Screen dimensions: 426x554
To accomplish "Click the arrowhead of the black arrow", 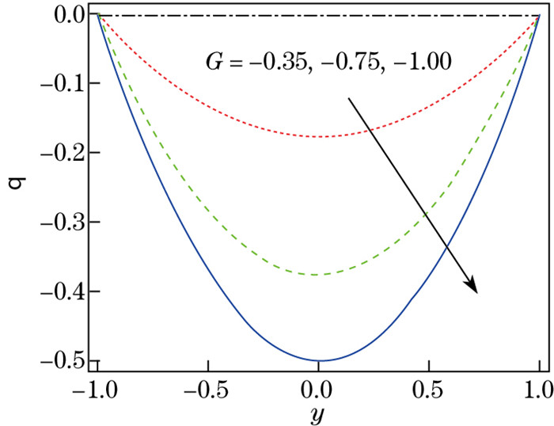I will (x=472, y=286).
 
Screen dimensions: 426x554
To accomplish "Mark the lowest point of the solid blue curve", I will (x=318, y=360).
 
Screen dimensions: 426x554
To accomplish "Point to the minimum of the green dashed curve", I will (x=318, y=274).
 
